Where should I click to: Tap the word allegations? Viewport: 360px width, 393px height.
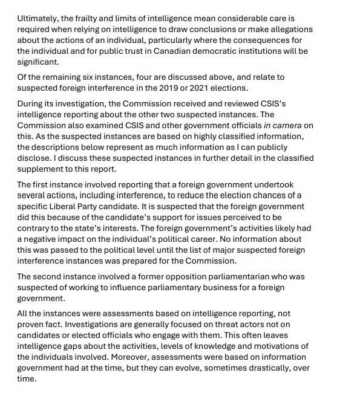coord(286,30)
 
